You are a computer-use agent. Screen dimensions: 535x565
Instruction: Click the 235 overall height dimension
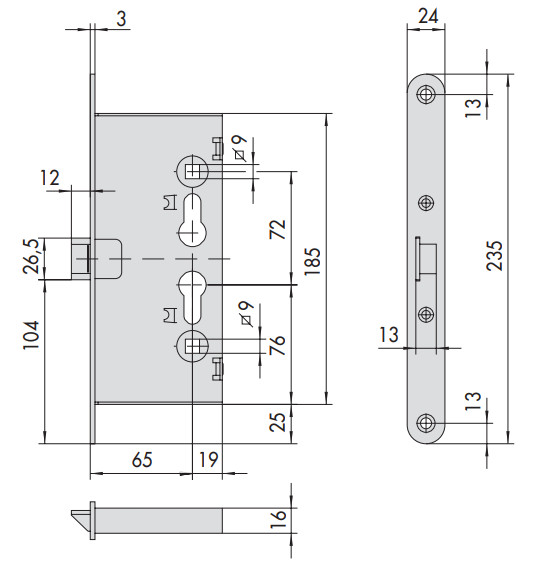(x=494, y=255)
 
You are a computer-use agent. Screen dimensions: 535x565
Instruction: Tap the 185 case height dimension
(x=312, y=262)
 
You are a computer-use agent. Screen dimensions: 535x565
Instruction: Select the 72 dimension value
(x=277, y=229)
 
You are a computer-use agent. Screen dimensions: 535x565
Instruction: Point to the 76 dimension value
(x=277, y=345)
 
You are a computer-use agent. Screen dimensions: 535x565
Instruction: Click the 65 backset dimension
(x=142, y=459)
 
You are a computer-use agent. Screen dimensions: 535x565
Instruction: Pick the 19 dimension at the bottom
(x=208, y=459)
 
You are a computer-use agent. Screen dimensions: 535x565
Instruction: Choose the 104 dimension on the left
(x=31, y=335)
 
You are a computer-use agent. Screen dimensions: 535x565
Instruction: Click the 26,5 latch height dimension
(x=30, y=256)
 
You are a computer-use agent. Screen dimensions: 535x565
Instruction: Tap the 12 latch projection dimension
(x=49, y=178)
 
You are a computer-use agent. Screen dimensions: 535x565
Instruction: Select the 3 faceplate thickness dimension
(x=121, y=19)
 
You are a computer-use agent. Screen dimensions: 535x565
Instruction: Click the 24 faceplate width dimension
(x=428, y=16)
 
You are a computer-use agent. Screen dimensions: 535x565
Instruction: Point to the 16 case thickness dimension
(x=278, y=519)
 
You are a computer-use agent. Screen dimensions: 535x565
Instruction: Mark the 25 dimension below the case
(x=277, y=422)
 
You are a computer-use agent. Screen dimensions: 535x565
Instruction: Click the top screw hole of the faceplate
(x=426, y=94)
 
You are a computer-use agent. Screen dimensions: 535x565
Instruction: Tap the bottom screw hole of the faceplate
(x=426, y=423)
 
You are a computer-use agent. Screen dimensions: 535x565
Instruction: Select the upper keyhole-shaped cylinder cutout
(x=193, y=220)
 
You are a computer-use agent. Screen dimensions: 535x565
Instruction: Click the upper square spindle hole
(x=193, y=170)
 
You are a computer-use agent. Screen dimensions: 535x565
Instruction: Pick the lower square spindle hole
(x=193, y=346)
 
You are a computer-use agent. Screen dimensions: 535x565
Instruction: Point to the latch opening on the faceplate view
(x=426, y=259)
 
